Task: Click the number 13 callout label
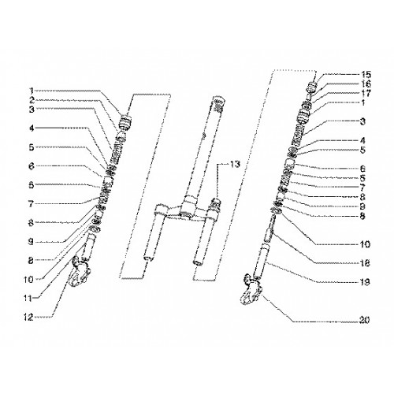(x=235, y=165)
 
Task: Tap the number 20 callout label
(x=364, y=320)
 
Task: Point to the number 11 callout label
(x=28, y=299)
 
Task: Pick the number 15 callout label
(x=366, y=74)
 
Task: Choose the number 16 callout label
(x=366, y=84)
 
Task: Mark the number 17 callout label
(x=366, y=93)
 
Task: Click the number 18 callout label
(x=365, y=263)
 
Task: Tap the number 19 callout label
(x=365, y=282)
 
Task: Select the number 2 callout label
(x=32, y=100)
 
